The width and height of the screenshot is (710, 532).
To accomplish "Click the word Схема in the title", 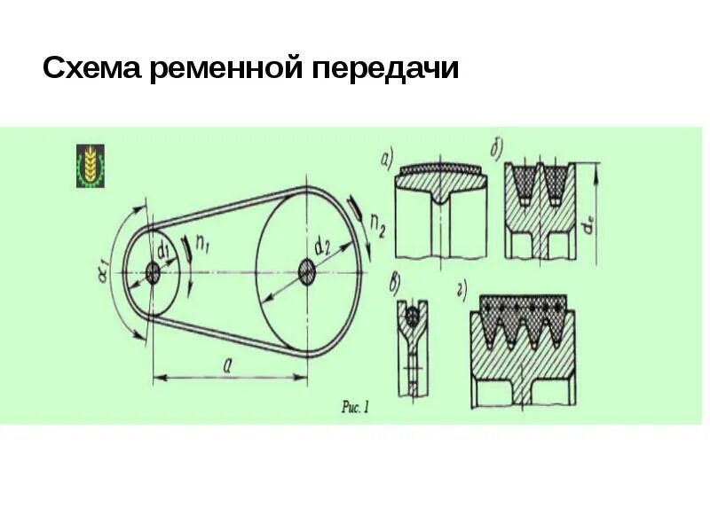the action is tap(92, 69).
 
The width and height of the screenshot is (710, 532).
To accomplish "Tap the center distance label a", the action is tap(228, 364).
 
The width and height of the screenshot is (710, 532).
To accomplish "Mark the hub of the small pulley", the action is tap(153, 273).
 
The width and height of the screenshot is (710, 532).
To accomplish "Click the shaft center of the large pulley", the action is tap(306, 270).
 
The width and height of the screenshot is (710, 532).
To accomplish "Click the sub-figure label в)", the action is tap(396, 284).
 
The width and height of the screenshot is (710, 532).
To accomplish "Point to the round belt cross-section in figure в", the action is tap(410, 315).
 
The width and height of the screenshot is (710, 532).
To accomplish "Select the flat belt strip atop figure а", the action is tap(440, 168).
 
